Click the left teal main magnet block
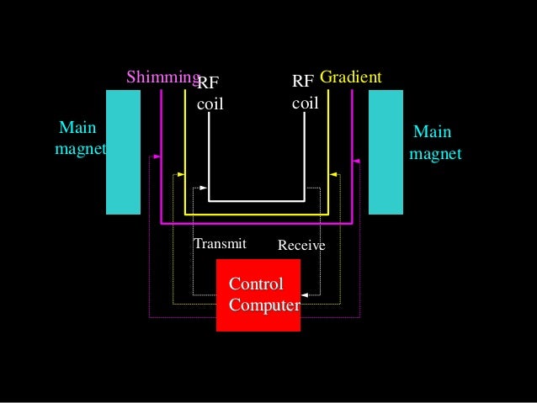click(x=123, y=151)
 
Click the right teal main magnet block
click(x=385, y=151)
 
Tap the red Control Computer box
click(x=258, y=295)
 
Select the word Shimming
click(x=162, y=77)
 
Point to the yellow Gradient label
click(x=351, y=77)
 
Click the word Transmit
click(x=220, y=244)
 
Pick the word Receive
click(x=301, y=246)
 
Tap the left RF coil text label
click(x=210, y=94)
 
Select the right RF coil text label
click(x=305, y=93)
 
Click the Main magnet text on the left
click(x=77, y=140)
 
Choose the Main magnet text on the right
click(x=433, y=144)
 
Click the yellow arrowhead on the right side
click(x=333, y=175)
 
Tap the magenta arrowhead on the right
click(x=356, y=161)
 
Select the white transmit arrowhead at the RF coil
click(x=205, y=187)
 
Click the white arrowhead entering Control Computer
click(x=304, y=294)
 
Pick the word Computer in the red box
click(x=263, y=305)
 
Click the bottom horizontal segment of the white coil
click(x=257, y=201)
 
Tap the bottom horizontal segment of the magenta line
click(x=257, y=224)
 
